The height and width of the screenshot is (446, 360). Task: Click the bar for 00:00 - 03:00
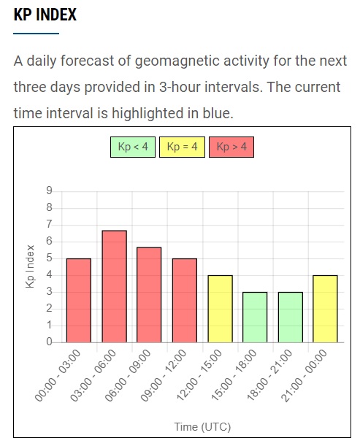click(79, 300)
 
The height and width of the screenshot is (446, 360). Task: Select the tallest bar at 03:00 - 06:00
click(115, 286)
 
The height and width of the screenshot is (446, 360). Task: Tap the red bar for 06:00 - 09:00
click(149, 295)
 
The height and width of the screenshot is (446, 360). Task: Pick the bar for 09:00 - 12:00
click(185, 300)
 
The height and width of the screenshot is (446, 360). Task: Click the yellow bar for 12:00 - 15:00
click(221, 309)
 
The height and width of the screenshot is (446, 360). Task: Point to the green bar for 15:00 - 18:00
click(255, 317)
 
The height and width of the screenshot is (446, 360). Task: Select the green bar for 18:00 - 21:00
click(291, 317)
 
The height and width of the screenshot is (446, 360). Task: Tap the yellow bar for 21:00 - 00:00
click(325, 309)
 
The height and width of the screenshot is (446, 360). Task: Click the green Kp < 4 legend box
click(133, 147)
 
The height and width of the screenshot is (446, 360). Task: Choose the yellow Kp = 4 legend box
click(182, 147)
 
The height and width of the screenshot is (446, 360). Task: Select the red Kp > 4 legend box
click(231, 147)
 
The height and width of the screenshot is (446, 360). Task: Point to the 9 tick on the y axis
click(50, 191)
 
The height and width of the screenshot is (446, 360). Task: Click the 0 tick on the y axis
click(50, 342)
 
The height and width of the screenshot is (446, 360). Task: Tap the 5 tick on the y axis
click(50, 258)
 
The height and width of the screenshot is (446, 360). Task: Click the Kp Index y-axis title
click(30, 266)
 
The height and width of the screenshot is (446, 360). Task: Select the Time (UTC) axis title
click(202, 427)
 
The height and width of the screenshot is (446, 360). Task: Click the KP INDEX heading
click(45, 15)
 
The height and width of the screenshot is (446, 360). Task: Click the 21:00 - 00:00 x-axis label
click(304, 375)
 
